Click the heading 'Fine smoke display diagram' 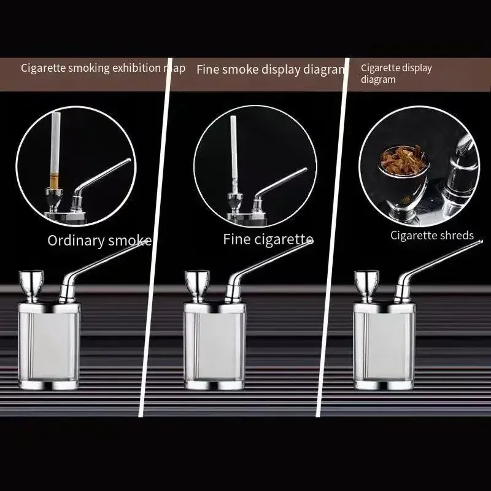(x=271, y=69)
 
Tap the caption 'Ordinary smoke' (x=99, y=240)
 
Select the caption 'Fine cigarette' (x=268, y=239)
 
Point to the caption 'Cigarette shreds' (x=432, y=235)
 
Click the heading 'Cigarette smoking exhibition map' (x=103, y=68)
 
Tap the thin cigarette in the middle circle (x=234, y=150)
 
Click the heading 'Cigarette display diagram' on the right (x=396, y=73)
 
